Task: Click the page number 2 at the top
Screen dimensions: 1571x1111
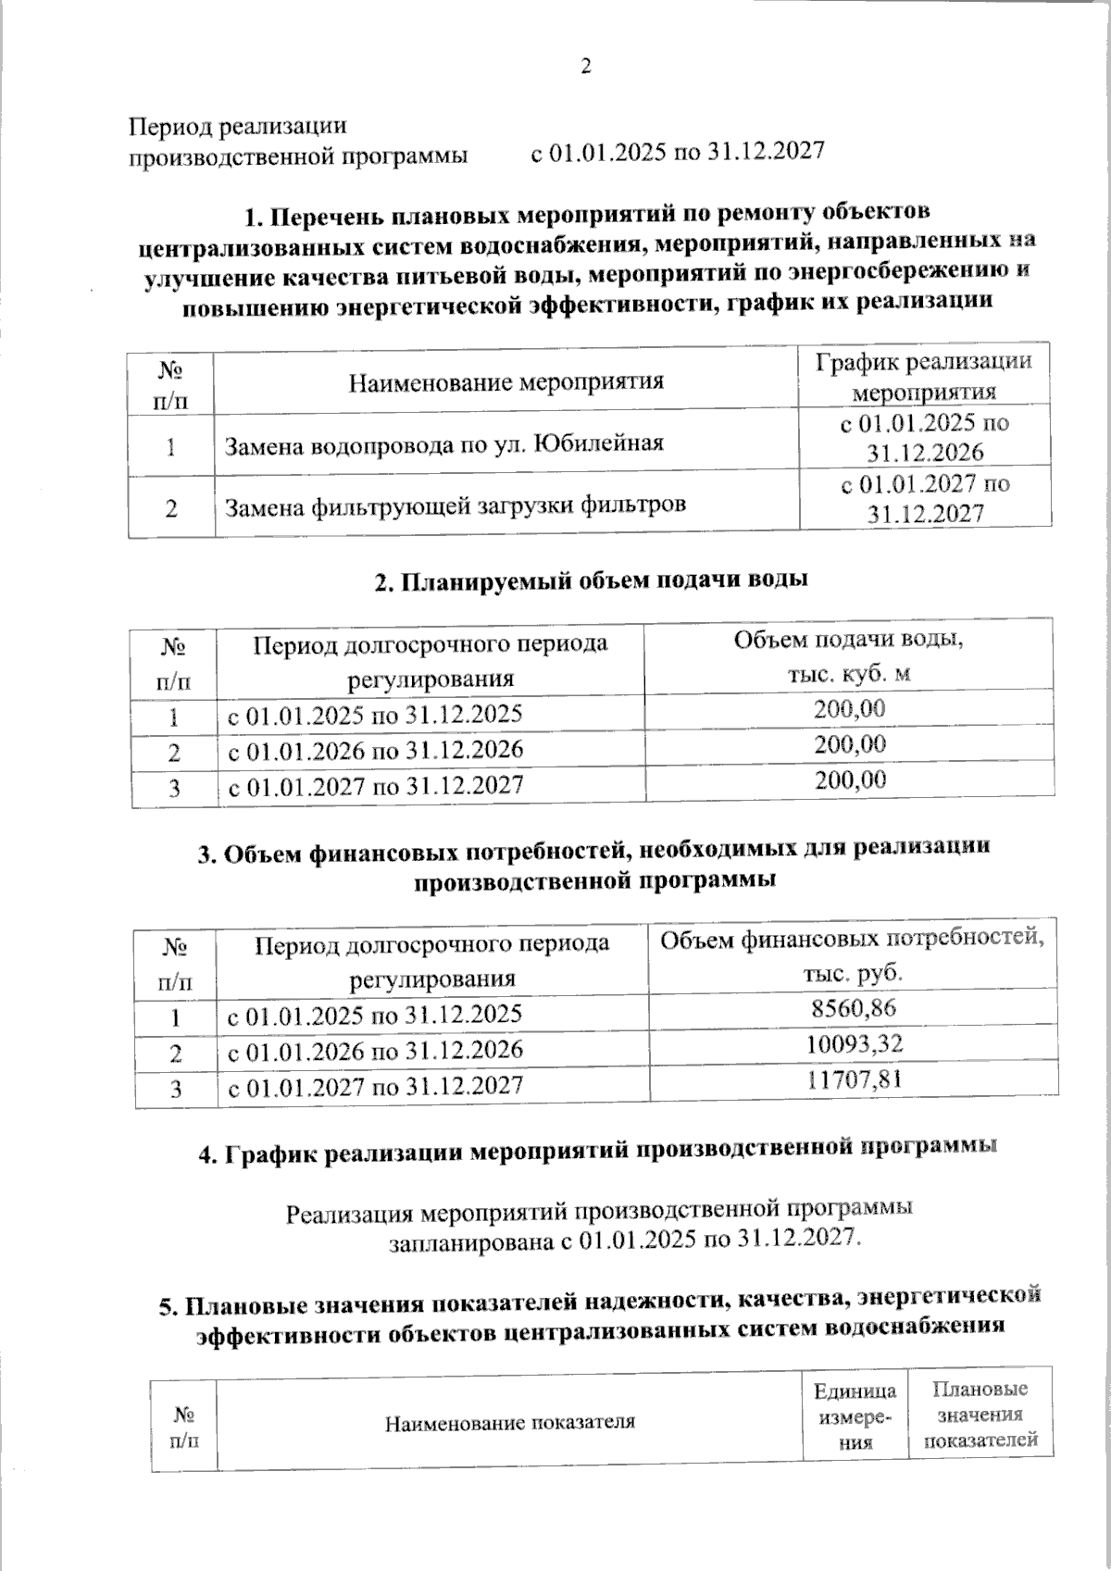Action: coord(584,66)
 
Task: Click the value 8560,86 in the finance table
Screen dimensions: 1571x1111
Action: coord(853,1008)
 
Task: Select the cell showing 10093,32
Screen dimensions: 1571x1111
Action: coord(853,1043)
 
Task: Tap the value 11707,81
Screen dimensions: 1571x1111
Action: coord(853,1079)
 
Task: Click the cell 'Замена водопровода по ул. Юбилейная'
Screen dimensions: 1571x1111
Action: coord(444,443)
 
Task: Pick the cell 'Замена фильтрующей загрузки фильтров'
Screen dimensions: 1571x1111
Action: coord(456,505)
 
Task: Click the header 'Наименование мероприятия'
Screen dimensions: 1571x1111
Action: coord(506,380)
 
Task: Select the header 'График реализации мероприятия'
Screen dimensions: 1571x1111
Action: coord(923,376)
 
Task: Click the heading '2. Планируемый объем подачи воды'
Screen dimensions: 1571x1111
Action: coord(591,580)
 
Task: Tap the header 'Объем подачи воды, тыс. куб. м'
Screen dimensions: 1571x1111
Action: coord(849,655)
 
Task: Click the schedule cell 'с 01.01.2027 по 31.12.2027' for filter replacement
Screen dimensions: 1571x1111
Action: coord(924,498)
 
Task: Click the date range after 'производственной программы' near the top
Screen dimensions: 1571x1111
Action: coord(677,153)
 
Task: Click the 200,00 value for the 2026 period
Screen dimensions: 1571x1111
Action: coord(849,744)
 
